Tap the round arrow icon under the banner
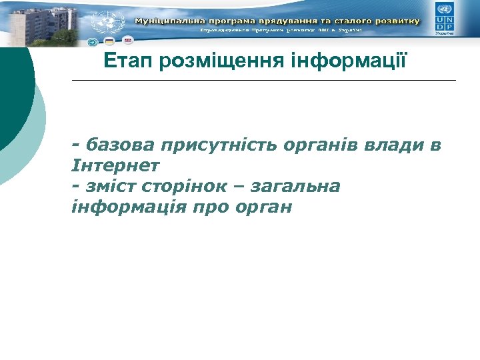93,42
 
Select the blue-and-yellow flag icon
108,42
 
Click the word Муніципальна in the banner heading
167,21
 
